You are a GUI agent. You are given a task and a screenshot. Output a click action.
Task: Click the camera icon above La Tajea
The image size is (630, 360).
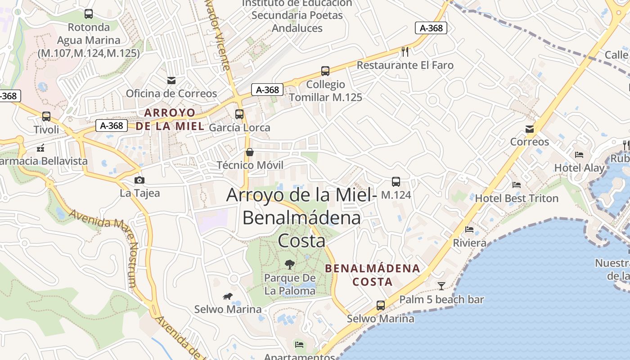(139, 180)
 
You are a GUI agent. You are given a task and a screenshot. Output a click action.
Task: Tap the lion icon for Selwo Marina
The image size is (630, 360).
(228, 296)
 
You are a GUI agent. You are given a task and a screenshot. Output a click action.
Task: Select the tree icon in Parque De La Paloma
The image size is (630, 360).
(290, 264)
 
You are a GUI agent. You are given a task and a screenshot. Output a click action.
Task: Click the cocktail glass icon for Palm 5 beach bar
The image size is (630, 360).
(441, 286)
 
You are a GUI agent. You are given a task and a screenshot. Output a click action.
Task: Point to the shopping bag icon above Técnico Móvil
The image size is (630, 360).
(250, 152)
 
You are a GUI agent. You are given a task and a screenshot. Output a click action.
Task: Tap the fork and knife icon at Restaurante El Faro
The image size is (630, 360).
(405, 52)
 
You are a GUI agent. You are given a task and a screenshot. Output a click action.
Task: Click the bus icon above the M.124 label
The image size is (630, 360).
(396, 182)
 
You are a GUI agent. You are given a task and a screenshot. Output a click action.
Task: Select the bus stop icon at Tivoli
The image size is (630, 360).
(46, 117)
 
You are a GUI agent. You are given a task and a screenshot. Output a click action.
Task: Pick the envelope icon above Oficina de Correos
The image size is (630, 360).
(171, 81)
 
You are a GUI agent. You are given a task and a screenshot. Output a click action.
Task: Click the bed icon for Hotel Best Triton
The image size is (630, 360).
(517, 185)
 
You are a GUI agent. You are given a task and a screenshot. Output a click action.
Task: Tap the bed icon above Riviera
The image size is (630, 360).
(469, 229)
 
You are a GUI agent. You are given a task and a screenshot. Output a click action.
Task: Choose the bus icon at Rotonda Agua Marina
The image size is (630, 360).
(89, 14)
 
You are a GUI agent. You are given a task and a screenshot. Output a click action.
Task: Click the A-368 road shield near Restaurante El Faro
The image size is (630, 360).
(431, 28)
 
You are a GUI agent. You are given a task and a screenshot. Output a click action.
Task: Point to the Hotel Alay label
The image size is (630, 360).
(579, 168)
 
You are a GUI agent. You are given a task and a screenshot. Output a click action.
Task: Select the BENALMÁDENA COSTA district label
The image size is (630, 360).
(373, 275)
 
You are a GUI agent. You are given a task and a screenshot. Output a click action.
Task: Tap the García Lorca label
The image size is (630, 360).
(240, 127)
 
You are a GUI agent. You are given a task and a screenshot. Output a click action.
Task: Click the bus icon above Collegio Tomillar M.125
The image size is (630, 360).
(325, 71)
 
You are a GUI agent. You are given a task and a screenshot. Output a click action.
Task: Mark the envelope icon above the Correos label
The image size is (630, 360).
(530, 130)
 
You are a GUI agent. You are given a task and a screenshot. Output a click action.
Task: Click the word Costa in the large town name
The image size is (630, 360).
(301, 241)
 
